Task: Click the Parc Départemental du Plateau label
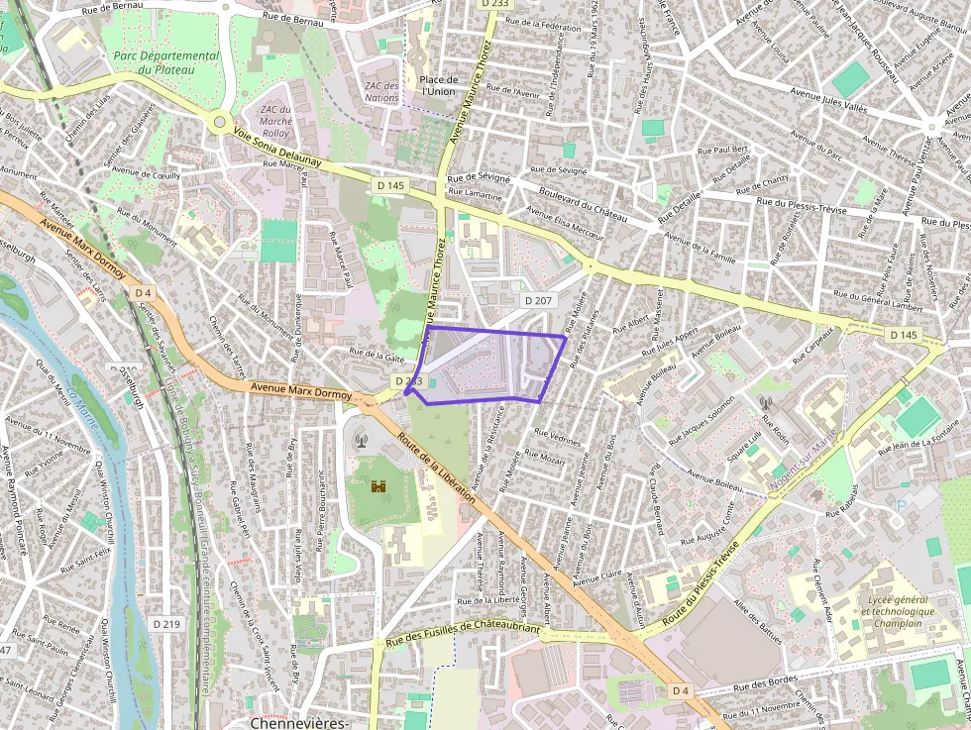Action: point(165,62)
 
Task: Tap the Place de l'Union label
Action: point(438,85)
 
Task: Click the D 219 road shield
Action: point(166,624)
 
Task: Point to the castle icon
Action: point(378,486)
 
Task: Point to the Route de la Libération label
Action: point(437,469)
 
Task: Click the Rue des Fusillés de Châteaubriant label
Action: point(463,633)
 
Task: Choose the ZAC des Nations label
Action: point(381,92)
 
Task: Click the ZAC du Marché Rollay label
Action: point(274,120)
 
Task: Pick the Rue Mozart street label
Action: point(546,457)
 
